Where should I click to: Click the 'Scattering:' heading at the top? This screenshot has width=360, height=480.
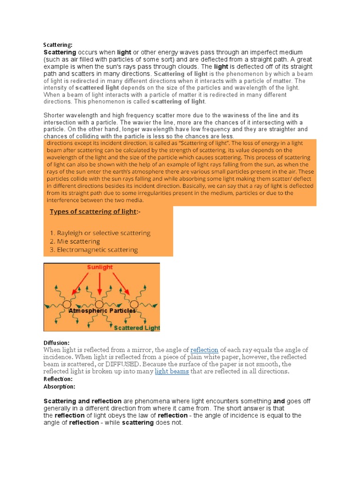click(58, 45)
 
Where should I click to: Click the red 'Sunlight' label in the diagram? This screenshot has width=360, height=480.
click(100, 267)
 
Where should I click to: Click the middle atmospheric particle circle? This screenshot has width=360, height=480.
click(100, 304)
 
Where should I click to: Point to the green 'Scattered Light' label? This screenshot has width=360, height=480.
click(137, 328)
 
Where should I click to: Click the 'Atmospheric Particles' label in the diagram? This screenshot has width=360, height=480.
click(102, 311)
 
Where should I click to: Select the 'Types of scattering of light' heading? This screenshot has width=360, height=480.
click(94, 212)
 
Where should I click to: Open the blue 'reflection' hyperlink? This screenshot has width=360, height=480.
click(204, 350)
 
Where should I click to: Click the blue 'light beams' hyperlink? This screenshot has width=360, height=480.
click(172, 371)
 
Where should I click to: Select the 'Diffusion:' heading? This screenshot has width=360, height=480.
click(57, 343)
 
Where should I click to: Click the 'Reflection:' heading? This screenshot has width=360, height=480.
click(58, 379)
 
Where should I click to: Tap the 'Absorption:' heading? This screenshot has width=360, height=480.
click(59, 386)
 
